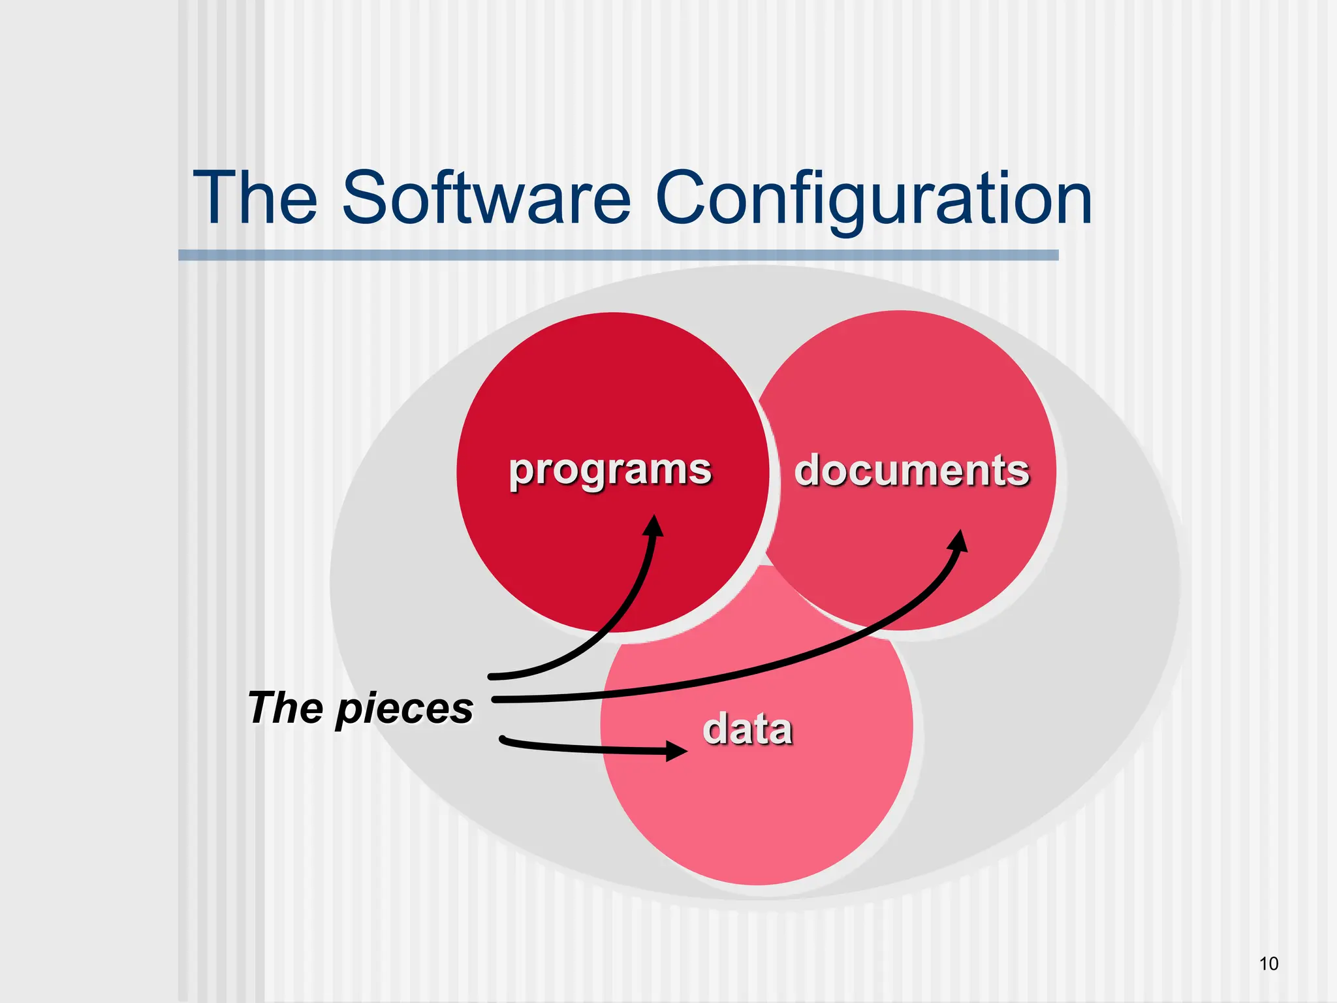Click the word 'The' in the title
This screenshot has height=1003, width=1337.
tap(255, 198)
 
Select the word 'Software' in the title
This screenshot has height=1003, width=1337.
tap(486, 198)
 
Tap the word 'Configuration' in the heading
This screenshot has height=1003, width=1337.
tap(873, 198)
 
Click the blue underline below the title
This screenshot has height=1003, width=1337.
tap(618, 255)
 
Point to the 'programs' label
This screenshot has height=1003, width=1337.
tap(610, 470)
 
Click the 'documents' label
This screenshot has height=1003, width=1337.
tap(911, 470)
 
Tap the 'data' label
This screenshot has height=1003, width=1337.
tap(747, 729)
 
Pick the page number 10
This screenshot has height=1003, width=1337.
tap(1268, 964)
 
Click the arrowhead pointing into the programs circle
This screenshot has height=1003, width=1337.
tap(653, 526)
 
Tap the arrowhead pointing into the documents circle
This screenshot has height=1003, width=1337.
tap(958, 541)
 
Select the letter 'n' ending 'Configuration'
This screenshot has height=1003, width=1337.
tap(1071, 204)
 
